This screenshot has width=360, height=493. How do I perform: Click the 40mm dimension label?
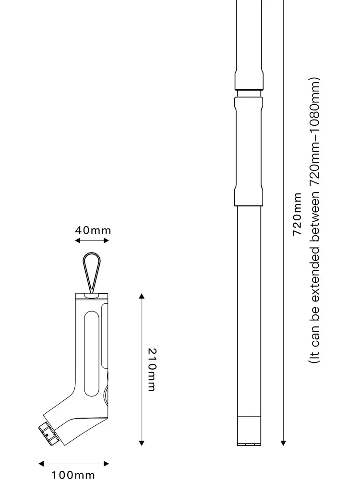point(93,230)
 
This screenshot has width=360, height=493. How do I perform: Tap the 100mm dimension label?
point(73,475)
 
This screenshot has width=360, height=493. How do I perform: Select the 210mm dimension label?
point(152,370)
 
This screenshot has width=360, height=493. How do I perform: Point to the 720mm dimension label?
point(297,214)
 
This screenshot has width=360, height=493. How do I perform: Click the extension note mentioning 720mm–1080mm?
point(314,220)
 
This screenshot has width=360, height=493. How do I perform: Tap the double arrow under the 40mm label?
point(92,240)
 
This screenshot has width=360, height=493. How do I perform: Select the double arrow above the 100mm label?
point(73,463)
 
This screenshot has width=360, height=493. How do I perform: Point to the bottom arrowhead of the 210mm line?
point(142,443)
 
